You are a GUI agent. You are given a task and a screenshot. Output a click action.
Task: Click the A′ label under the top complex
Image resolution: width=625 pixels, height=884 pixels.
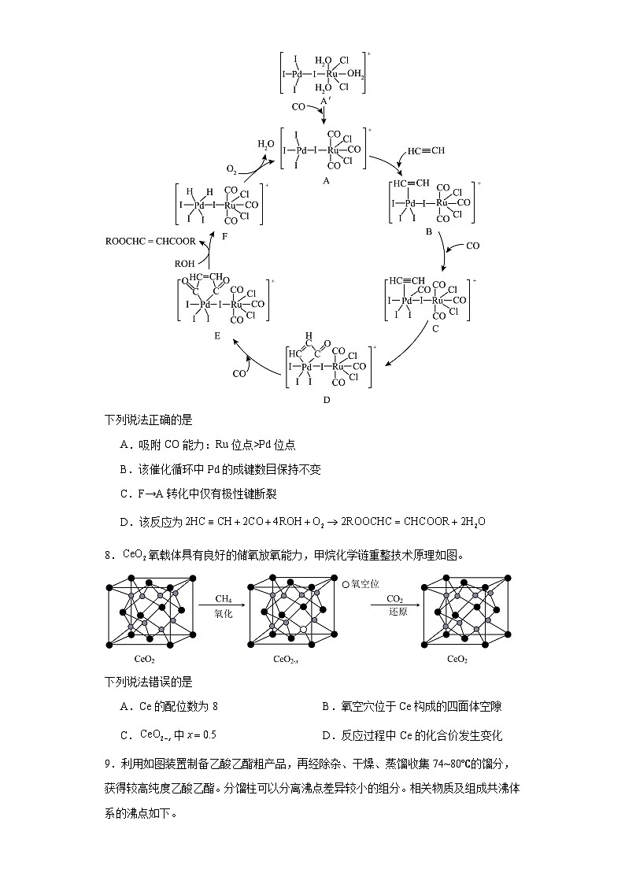(324, 102)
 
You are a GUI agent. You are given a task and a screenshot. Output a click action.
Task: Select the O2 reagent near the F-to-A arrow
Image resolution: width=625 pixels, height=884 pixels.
(231, 169)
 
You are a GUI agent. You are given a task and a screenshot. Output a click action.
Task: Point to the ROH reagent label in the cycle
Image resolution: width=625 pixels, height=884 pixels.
(184, 264)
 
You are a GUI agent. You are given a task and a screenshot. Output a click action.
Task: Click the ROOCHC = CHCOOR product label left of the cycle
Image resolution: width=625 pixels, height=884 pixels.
(150, 242)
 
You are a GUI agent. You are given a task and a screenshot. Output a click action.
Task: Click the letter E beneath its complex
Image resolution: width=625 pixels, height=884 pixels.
(216, 336)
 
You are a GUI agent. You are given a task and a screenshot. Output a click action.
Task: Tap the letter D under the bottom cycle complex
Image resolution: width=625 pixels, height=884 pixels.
(327, 399)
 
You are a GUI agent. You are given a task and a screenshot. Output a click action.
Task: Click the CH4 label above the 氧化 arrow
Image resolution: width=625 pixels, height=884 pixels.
(224, 598)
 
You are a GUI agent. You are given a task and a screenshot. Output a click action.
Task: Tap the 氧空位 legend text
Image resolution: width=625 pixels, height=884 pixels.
(365, 584)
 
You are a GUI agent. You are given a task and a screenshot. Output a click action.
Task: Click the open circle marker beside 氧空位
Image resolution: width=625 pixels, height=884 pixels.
(346, 584)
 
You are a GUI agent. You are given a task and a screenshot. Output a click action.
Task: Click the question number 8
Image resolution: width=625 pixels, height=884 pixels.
(109, 555)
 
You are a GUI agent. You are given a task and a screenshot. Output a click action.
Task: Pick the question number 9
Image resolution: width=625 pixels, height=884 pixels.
(109, 763)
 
